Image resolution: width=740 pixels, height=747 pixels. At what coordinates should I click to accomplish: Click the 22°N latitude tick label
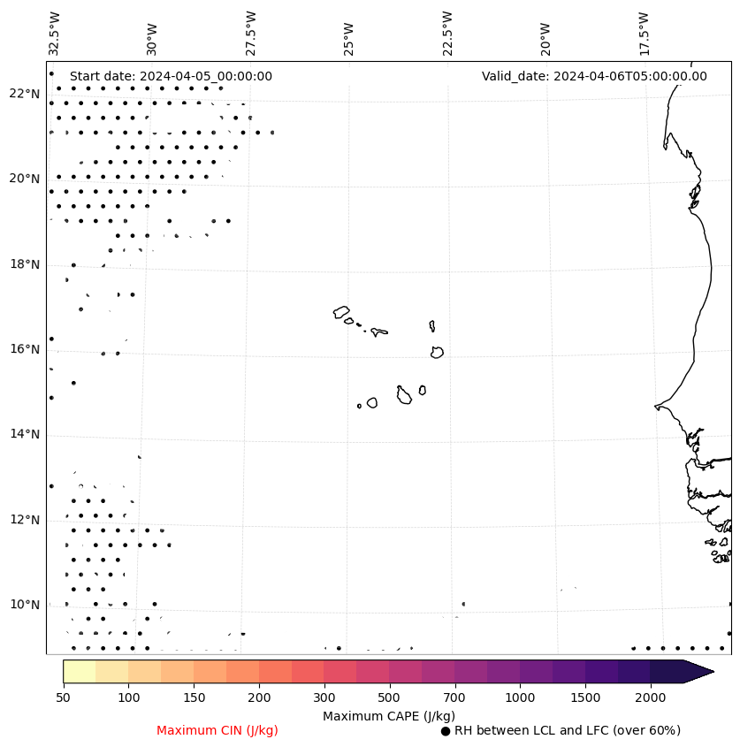pos(24,94)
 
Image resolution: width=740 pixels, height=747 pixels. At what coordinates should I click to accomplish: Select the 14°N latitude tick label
pos(24,434)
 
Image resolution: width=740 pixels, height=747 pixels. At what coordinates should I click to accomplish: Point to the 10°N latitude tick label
pos(24,605)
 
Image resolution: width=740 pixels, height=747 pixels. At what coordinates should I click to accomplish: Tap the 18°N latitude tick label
pos(24,264)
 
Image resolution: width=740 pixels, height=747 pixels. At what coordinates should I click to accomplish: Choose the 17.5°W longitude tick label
pos(645,32)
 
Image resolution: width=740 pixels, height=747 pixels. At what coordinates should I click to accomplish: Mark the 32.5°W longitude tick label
pos(55,32)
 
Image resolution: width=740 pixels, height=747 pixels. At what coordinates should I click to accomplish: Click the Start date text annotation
pos(171,76)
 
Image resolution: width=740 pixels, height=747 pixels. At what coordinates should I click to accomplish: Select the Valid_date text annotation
pos(594,76)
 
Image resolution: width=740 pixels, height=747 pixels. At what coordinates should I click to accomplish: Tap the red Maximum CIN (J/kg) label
pos(217,730)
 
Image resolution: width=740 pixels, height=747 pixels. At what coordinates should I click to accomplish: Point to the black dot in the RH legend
pos(446,731)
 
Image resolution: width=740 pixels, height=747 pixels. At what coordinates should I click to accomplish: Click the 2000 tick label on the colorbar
pos(651,698)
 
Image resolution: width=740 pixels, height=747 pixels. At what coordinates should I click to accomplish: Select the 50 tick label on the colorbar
pos(63,698)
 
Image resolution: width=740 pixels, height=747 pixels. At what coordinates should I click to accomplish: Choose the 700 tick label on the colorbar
pos(454,698)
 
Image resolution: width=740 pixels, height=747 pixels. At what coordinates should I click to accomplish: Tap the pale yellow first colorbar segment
pos(80,671)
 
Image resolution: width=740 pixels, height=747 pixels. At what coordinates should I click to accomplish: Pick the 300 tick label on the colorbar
pos(324,698)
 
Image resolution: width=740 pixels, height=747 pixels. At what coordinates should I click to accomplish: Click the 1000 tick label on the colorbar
pos(520,698)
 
